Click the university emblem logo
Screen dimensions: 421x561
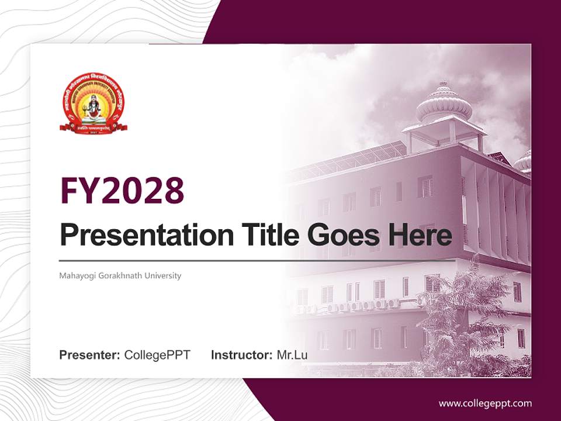coord(93,103)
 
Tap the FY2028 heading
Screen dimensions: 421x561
coord(122,191)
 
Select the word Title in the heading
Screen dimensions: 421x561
coord(269,235)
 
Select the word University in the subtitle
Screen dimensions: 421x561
coord(165,275)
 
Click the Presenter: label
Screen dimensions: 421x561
coord(90,355)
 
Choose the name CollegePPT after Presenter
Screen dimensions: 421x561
coord(157,355)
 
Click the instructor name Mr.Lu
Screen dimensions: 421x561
coord(292,355)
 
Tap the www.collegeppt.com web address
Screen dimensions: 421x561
coord(485,403)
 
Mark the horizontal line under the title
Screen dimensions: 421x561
coord(257,260)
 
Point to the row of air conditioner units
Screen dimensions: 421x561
coord(362,305)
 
